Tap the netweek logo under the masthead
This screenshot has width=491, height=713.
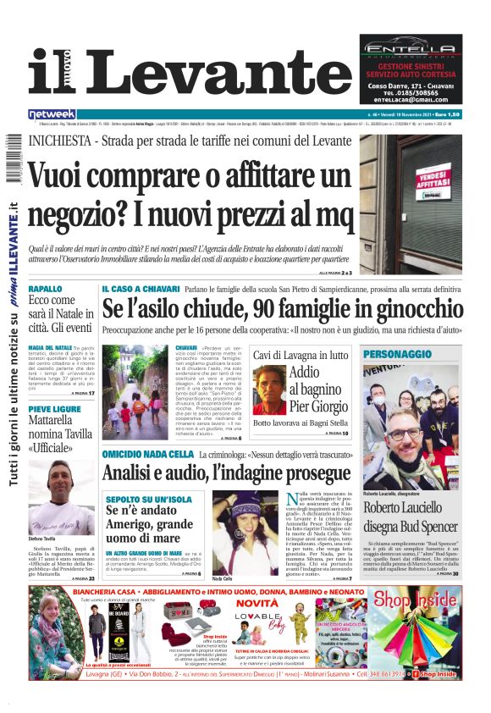[x=52, y=113]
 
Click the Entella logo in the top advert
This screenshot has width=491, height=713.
[x=411, y=50]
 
